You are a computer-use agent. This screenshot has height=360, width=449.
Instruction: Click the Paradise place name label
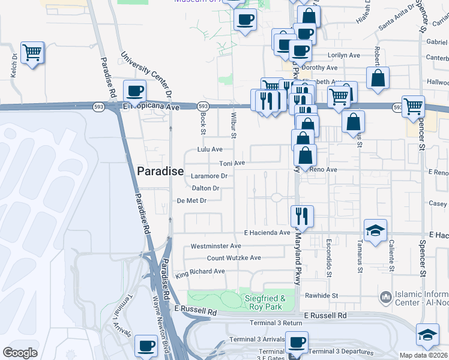coord(160,171)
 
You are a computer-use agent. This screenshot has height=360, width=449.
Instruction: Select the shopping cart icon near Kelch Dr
coord(32,53)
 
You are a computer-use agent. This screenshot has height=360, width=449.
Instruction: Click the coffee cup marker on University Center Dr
coord(135,91)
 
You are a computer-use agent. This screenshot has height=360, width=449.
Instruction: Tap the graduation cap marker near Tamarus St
coord(375,230)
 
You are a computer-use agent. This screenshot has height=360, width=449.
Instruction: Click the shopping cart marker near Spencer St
coord(413,107)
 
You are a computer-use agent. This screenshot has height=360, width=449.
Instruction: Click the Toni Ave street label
coord(232,163)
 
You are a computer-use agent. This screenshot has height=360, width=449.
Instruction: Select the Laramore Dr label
coord(209,176)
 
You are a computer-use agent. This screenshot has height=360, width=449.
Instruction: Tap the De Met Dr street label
coord(192,200)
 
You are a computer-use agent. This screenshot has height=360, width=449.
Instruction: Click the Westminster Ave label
coord(215,246)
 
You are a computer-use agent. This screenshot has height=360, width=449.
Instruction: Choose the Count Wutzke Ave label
coord(234,258)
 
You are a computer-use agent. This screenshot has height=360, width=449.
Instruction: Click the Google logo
coord(20,353)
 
